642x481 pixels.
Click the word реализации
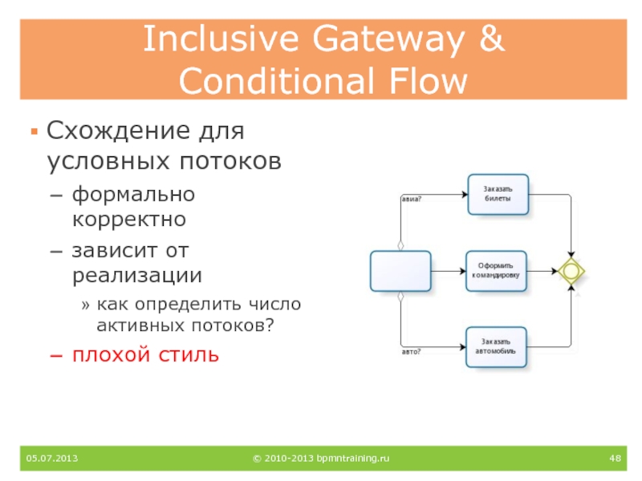pyautogui.click(x=136, y=275)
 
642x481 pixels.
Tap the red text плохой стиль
pyautogui.click(x=145, y=354)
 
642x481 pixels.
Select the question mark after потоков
pyautogui.click(x=269, y=326)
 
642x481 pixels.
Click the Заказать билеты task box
pyautogui.click(x=498, y=194)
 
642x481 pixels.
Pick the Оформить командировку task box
pyautogui.click(x=498, y=270)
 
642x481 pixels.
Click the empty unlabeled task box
pyautogui.click(x=400, y=271)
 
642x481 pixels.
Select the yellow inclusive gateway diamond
pyautogui.click(x=571, y=271)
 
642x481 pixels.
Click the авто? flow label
pyautogui.click(x=411, y=351)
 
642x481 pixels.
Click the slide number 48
pyautogui.click(x=616, y=458)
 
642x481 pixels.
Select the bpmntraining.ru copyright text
pyautogui.click(x=320, y=458)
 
